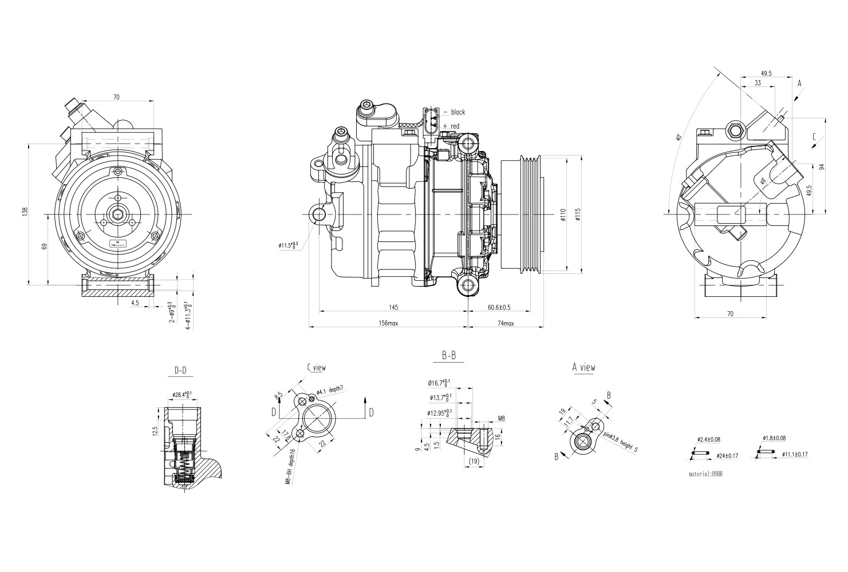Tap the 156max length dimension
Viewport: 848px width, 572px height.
click(x=388, y=323)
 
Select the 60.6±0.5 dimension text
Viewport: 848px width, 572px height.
click(x=499, y=308)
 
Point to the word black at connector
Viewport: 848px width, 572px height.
click(x=457, y=112)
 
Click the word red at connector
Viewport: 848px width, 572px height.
click(x=455, y=126)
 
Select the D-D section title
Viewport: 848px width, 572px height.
click(x=180, y=371)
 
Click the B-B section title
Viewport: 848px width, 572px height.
click(x=449, y=356)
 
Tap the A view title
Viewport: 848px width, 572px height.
click(x=583, y=367)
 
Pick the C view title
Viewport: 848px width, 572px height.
click(x=316, y=367)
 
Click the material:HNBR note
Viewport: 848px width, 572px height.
click(x=706, y=474)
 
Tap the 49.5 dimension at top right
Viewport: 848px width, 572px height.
click(x=766, y=73)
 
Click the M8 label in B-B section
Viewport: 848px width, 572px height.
click(x=500, y=419)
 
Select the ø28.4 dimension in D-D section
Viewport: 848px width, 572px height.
click(x=182, y=395)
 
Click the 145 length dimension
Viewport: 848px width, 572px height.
click(x=393, y=308)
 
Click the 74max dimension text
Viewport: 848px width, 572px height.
click(x=506, y=323)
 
